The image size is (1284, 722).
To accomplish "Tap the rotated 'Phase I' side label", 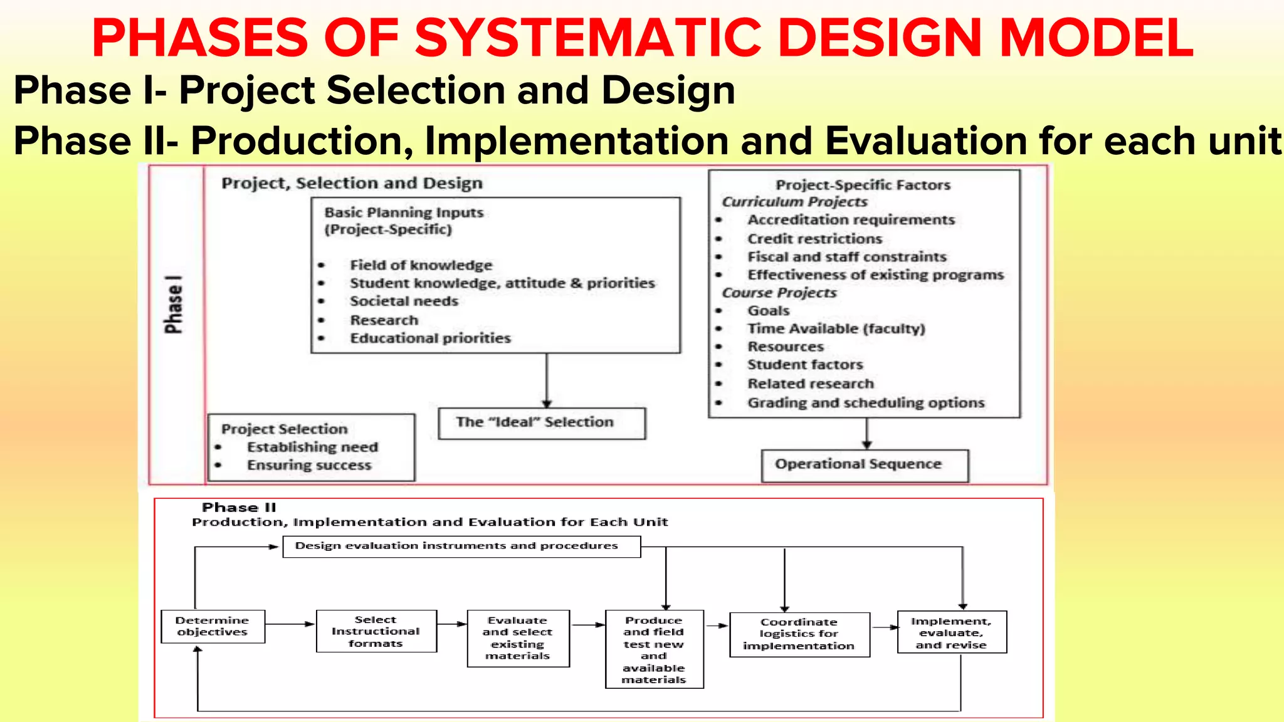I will (173, 305).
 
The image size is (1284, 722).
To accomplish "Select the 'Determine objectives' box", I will (213, 626).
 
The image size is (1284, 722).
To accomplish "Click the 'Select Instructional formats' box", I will (376, 631).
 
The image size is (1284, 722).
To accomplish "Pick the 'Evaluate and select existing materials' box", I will (518, 638).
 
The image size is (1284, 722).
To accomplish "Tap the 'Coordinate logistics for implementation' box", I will (799, 634).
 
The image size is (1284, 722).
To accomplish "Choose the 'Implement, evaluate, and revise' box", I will (951, 632).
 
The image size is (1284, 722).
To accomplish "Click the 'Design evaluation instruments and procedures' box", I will (461, 546).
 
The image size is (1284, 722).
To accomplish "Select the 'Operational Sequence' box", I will (864, 465).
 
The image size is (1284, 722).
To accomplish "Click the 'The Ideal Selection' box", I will (541, 423).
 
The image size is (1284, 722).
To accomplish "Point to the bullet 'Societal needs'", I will (404, 301).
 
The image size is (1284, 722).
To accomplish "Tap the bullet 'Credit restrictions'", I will (814, 239).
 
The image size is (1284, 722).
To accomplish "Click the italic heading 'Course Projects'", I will (779, 293).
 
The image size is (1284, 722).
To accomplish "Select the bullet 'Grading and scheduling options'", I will (866, 403).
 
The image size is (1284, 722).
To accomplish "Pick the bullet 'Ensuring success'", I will (309, 465).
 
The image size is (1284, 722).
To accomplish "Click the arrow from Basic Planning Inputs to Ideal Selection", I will (547, 381).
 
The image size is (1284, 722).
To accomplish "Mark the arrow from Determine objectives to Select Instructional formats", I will (290, 624).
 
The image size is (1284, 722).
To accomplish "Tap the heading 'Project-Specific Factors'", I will (863, 185).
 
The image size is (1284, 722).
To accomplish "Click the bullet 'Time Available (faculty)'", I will (836, 329).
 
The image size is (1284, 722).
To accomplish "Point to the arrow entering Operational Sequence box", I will (866, 434).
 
